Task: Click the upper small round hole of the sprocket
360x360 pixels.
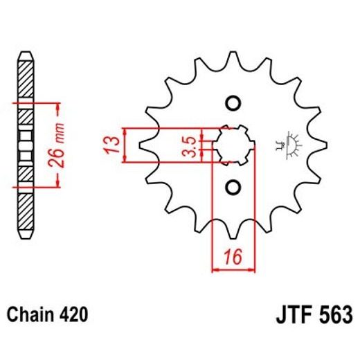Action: (x=233, y=102)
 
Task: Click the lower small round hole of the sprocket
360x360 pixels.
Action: (x=233, y=187)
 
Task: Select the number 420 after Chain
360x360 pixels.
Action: (x=73, y=315)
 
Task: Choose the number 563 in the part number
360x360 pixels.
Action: (x=334, y=315)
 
